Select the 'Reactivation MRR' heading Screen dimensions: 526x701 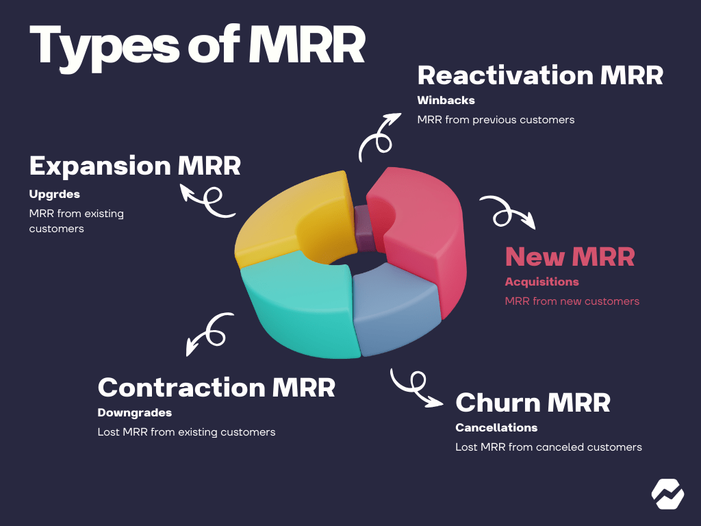pyautogui.click(x=540, y=75)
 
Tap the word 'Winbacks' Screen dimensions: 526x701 pyautogui.click(x=446, y=100)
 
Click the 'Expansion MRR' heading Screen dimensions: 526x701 pyautogui.click(x=135, y=166)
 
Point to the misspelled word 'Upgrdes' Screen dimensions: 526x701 pyautogui.click(x=54, y=195)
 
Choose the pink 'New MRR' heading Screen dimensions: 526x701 pyautogui.click(x=570, y=257)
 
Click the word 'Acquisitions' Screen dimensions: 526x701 pyautogui.click(x=541, y=281)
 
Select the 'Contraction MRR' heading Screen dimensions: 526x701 pyautogui.click(x=216, y=388)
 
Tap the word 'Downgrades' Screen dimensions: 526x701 pyautogui.click(x=134, y=413)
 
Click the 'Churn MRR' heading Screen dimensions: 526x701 pyautogui.click(x=533, y=403)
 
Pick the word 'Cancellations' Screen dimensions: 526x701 pyautogui.click(x=496, y=427)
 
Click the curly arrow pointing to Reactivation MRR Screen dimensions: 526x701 pyautogui.click(x=379, y=134)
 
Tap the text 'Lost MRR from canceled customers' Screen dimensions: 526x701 pyautogui.click(x=548, y=447)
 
